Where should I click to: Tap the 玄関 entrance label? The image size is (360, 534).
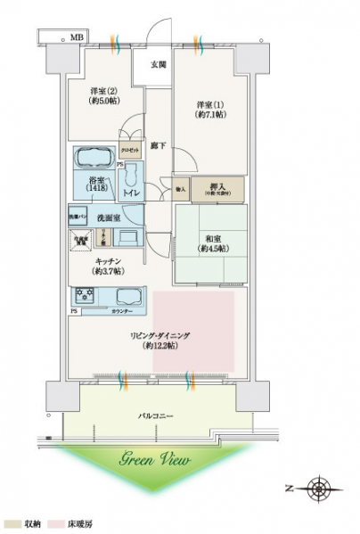[x=157, y=64]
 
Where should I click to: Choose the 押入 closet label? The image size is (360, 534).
[x=217, y=187]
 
